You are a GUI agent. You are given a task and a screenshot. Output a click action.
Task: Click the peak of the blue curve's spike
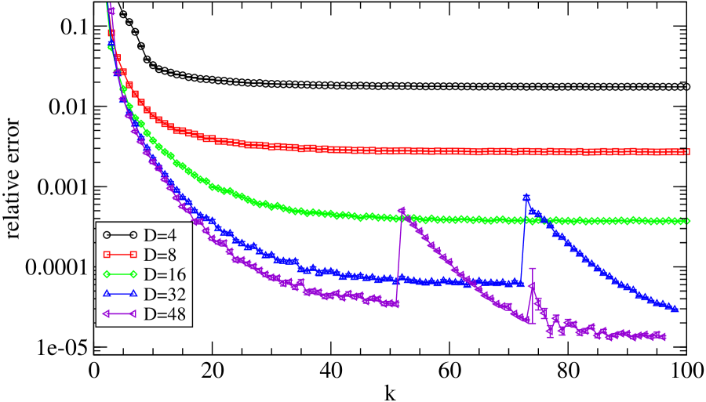pos(526,197)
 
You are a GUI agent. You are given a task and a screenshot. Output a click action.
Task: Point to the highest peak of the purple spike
pos(402,210)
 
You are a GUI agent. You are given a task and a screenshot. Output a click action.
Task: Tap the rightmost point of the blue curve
pos(675,310)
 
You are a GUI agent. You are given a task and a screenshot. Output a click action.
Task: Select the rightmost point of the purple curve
pos(664,337)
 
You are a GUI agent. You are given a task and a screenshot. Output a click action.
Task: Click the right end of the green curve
pos(688,221)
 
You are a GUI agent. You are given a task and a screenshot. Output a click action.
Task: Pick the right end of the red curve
pos(688,152)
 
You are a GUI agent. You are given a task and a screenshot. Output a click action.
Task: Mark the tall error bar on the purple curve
pos(533,295)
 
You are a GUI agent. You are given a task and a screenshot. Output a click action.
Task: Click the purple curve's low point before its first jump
pos(395,303)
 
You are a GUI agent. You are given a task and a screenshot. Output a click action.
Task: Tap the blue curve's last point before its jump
pos(519,282)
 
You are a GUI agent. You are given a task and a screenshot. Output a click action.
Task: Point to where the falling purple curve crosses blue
pos(473,281)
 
